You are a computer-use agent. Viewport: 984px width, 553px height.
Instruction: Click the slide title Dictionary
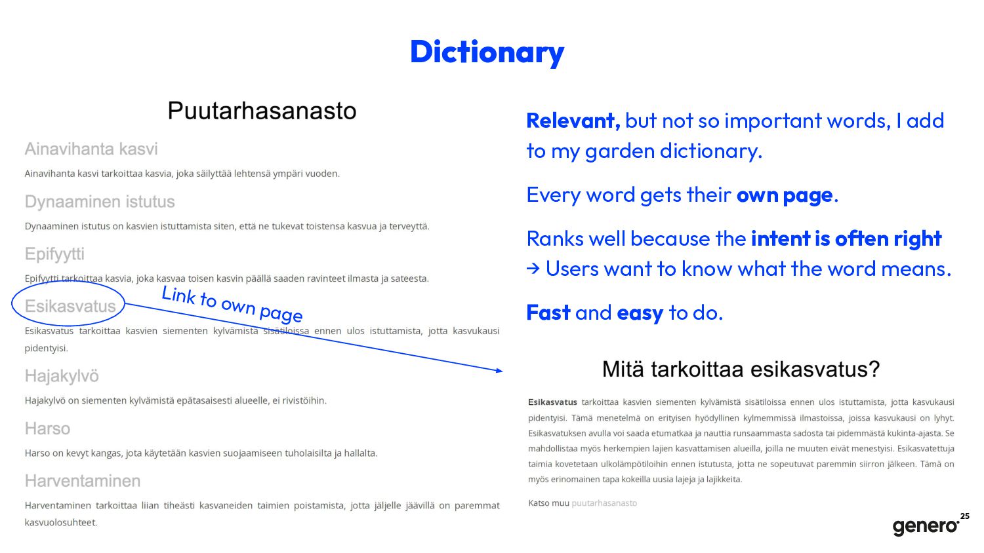pyautogui.click(x=487, y=52)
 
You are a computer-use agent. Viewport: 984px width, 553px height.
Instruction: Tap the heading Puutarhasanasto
pyautogui.click(x=262, y=111)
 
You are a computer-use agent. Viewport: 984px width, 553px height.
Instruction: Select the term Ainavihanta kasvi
pyautogui.click(x=91, y=149)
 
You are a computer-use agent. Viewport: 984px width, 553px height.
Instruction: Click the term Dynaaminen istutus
pyautogui.click(x=100, y=202)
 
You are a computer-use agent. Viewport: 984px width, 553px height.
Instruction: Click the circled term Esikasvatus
pyautogui.click(x=70, y=306)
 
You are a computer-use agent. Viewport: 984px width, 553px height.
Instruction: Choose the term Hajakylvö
pyautogui.click(x=62, y=376)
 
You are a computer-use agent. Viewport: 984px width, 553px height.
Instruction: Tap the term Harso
pyautogui.click(x=47, y=429)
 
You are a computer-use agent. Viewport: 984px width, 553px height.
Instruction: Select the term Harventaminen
pyautogui.click(x=83, y=481)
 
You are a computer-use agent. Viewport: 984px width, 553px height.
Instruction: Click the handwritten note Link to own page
pyautogui.click(x=232, y=304)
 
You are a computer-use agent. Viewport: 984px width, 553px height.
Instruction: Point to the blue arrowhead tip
pyautogui.click(x=502, y=372)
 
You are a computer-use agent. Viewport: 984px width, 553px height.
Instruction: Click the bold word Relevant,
pyautogui.click(x=573, y=121)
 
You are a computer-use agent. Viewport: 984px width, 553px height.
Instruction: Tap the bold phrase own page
pyautogui.click(x=785, y=195)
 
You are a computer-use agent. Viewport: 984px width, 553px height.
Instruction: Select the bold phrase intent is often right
pyautogui.click(x=846, y=238)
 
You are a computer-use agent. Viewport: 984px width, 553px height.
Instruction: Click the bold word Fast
pyautogui.click(x=548, y=313)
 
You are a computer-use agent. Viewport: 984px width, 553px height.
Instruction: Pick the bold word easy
pyautogui.click(x=640, y=313)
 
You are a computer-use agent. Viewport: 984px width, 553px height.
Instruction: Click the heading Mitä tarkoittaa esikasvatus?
pyautogui.click(x=741, y=369)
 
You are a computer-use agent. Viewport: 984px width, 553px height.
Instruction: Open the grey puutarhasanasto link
pyautogui.click(x=604, y=503)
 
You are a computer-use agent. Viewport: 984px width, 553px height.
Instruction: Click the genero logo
pyautogui.click(x=926, y=526)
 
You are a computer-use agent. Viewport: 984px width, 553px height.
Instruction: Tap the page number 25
pyautogui.click(x=965, y=516)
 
